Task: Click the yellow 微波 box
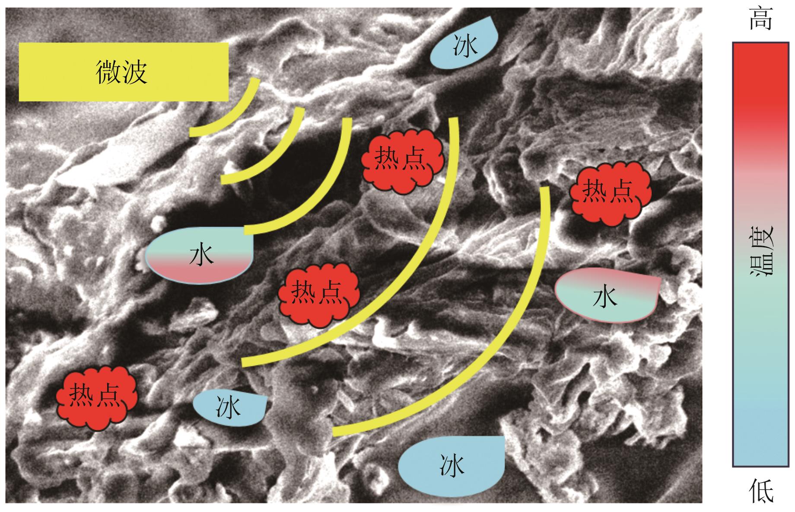click(123, 72)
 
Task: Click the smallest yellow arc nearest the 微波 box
click(233, 117)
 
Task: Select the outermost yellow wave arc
click(510, 346)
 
